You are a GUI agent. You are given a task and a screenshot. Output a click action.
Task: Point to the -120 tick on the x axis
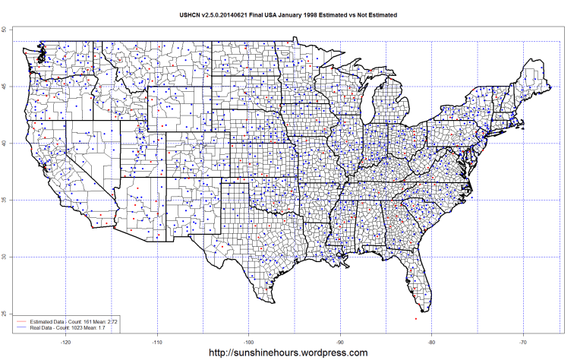coord(66,341)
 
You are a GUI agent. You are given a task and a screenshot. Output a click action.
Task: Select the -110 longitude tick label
coord(157,341)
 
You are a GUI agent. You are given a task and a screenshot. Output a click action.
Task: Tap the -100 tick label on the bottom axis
coord(248,341)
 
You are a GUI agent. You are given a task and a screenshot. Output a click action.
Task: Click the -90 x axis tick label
coord(340,341)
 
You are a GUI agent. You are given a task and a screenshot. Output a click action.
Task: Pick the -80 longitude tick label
coord(431,341)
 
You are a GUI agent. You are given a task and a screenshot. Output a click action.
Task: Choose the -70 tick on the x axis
coord(523,341)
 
